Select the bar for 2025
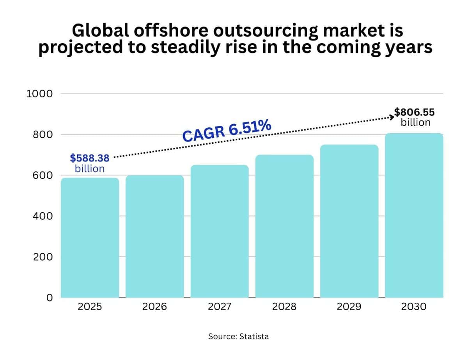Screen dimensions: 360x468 pos(90,238)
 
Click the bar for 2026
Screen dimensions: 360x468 pos(155,236)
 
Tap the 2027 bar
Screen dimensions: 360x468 pos(220,231)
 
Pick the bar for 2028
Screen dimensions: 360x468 pos(284,226)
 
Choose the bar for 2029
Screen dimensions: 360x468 pos(349,221)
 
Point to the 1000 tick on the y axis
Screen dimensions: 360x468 pos(39,94)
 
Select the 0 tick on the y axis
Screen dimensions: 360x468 pos(50,298)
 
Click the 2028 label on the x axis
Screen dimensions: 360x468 pos(284,307)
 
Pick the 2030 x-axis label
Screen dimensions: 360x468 pos(414,307)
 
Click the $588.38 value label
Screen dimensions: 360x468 pos(90,158)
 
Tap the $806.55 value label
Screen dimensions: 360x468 pos(414,112)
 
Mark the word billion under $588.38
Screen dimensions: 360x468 pos(90,169)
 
